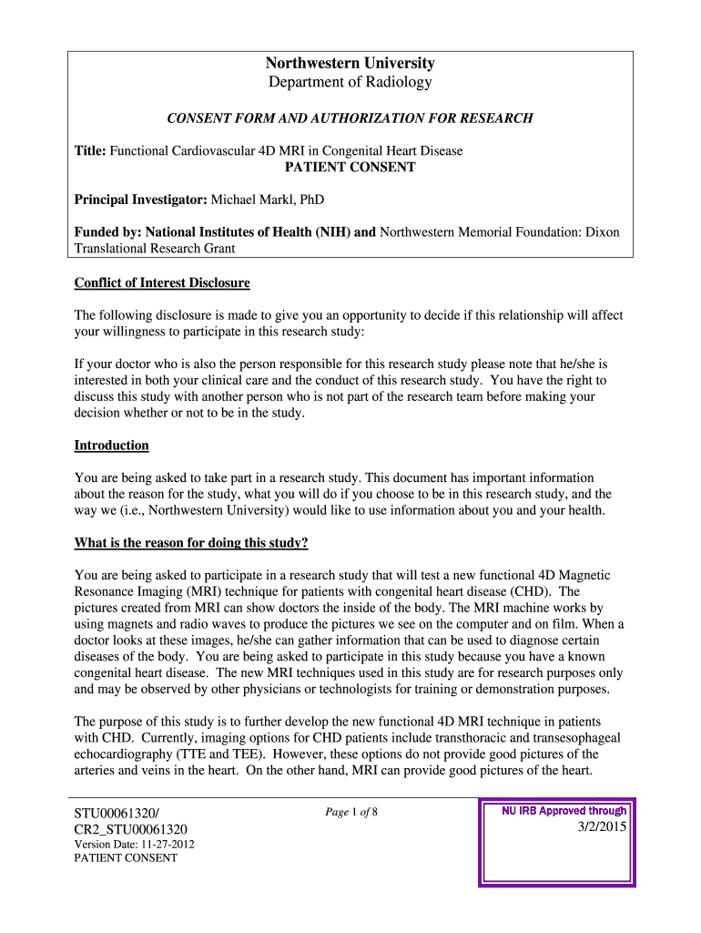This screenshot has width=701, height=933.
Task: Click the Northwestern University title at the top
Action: pyautogui.click(x=350, y=63)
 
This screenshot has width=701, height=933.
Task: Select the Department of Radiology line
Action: pyautogui.click(x=350, y=83)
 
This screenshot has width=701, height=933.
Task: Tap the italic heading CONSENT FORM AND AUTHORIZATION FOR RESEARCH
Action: pyautogui.click(x=349, y=118)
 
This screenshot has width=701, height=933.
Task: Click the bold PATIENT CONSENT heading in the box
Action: pyautogui.click(x=350, y=168)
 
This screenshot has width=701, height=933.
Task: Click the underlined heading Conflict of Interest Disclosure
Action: pyautogui.click(x=161, y=283)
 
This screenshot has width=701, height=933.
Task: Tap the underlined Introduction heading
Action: pyautogui.click(x=111, y=446)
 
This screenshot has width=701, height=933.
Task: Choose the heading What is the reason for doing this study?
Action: pyautogui.click(x=190, y=544)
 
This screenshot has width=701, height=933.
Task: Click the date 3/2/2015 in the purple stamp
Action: pyautogui.click(x=601, y=826)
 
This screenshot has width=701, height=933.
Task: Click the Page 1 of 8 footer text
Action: pyautogui.click(x=350, y=812)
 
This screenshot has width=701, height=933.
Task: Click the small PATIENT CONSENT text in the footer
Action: pyautogui.click(x=126, y=858)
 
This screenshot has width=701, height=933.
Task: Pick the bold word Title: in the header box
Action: pyautogui.click(x=90, y=151)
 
